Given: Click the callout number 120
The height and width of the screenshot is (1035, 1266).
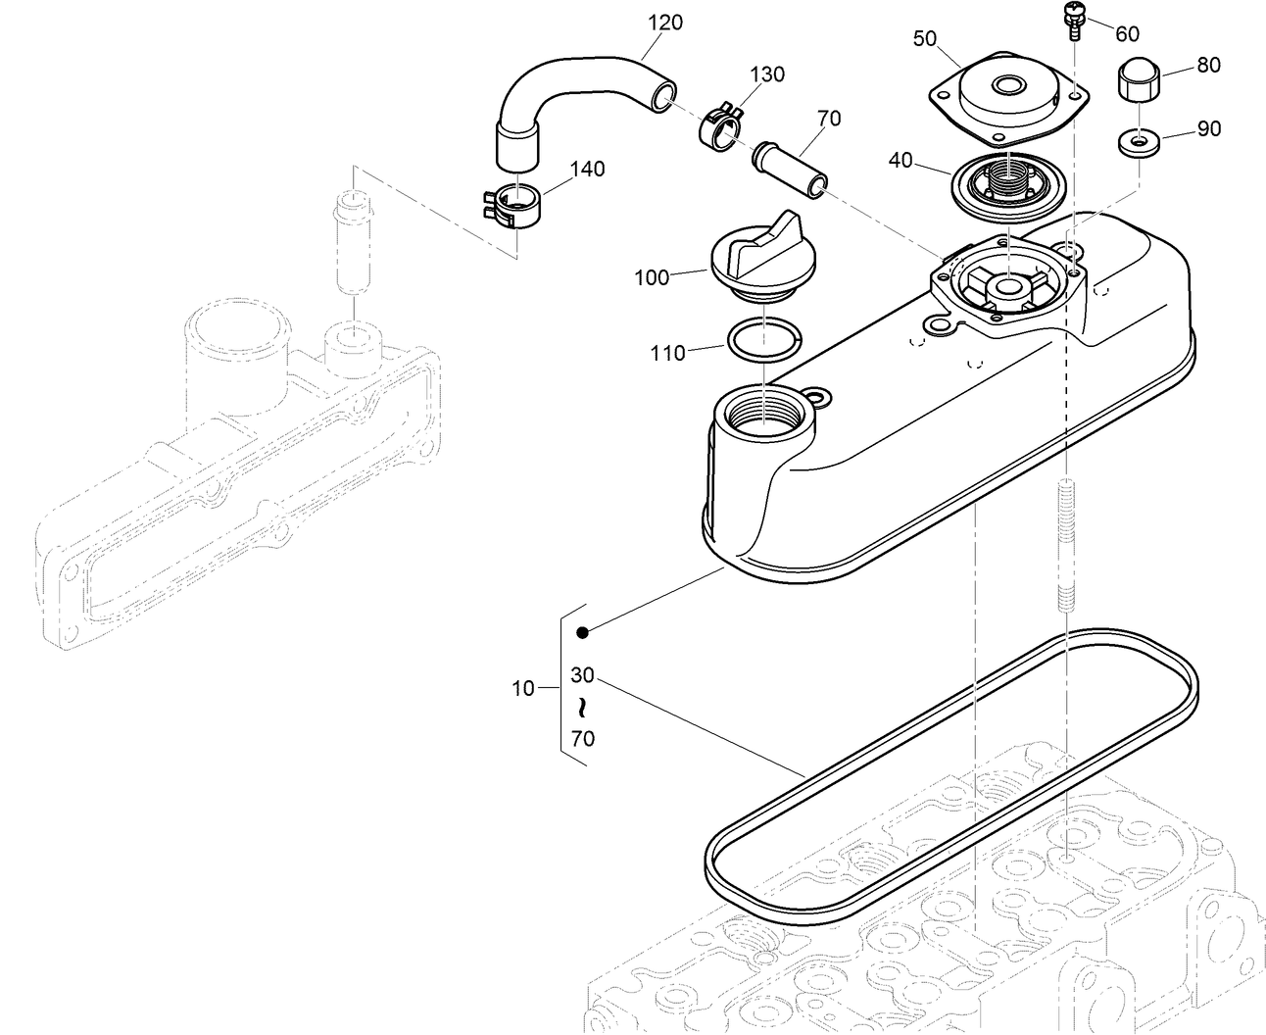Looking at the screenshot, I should [x=665, y=22].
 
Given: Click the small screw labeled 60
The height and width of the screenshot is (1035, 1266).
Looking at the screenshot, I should [x=1073, y=20].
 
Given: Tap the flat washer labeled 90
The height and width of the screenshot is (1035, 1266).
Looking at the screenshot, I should [x=1137, y=142].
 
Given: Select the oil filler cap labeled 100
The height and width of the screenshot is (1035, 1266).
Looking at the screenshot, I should [x=755, y=258].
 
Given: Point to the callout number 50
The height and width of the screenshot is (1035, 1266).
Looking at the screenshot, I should [x=925, y=39].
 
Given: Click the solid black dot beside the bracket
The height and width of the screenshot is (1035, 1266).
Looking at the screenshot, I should [x=582, y=632].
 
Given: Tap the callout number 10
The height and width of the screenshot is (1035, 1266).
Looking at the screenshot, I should [x=523, y=688].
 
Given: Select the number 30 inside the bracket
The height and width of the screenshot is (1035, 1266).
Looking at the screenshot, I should [x=583, y=675].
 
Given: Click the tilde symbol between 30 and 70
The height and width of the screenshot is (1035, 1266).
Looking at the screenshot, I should [x=583, y=707].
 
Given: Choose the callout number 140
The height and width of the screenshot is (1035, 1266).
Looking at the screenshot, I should [x=587, y=169].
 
